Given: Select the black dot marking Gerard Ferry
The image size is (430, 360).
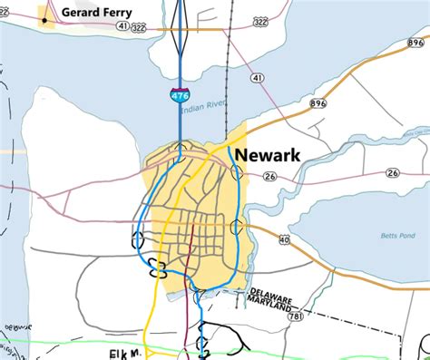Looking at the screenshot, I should pyautogui.click(x=44, y=19).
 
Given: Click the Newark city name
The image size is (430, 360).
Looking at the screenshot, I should pyautogui.click(x=267, y=155).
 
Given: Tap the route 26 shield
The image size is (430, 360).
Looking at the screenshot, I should pyautogui.click(x=392, y=173).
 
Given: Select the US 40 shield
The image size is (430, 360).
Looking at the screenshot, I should pyautogui.click(x=284, y=240).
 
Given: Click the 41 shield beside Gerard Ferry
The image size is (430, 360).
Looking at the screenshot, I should pyautogui.click(x=122, y=27).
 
